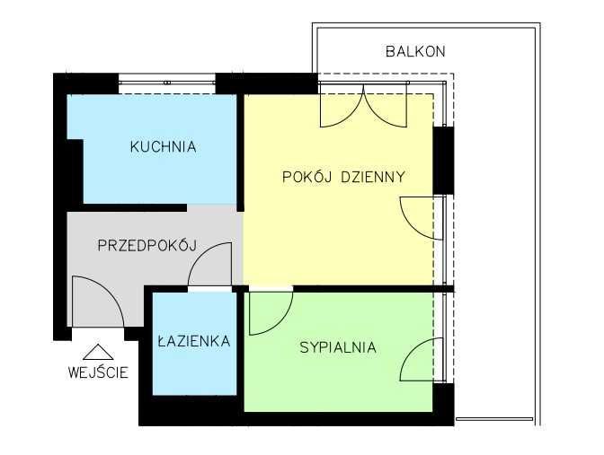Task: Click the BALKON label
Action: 414,51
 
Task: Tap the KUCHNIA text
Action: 162,147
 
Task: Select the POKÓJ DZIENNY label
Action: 343,177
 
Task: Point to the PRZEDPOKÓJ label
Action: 146,245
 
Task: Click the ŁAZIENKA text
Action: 193,341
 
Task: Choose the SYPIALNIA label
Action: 337,348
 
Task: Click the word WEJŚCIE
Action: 97,372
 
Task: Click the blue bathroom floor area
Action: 193,372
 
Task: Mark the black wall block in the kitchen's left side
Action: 74,171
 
